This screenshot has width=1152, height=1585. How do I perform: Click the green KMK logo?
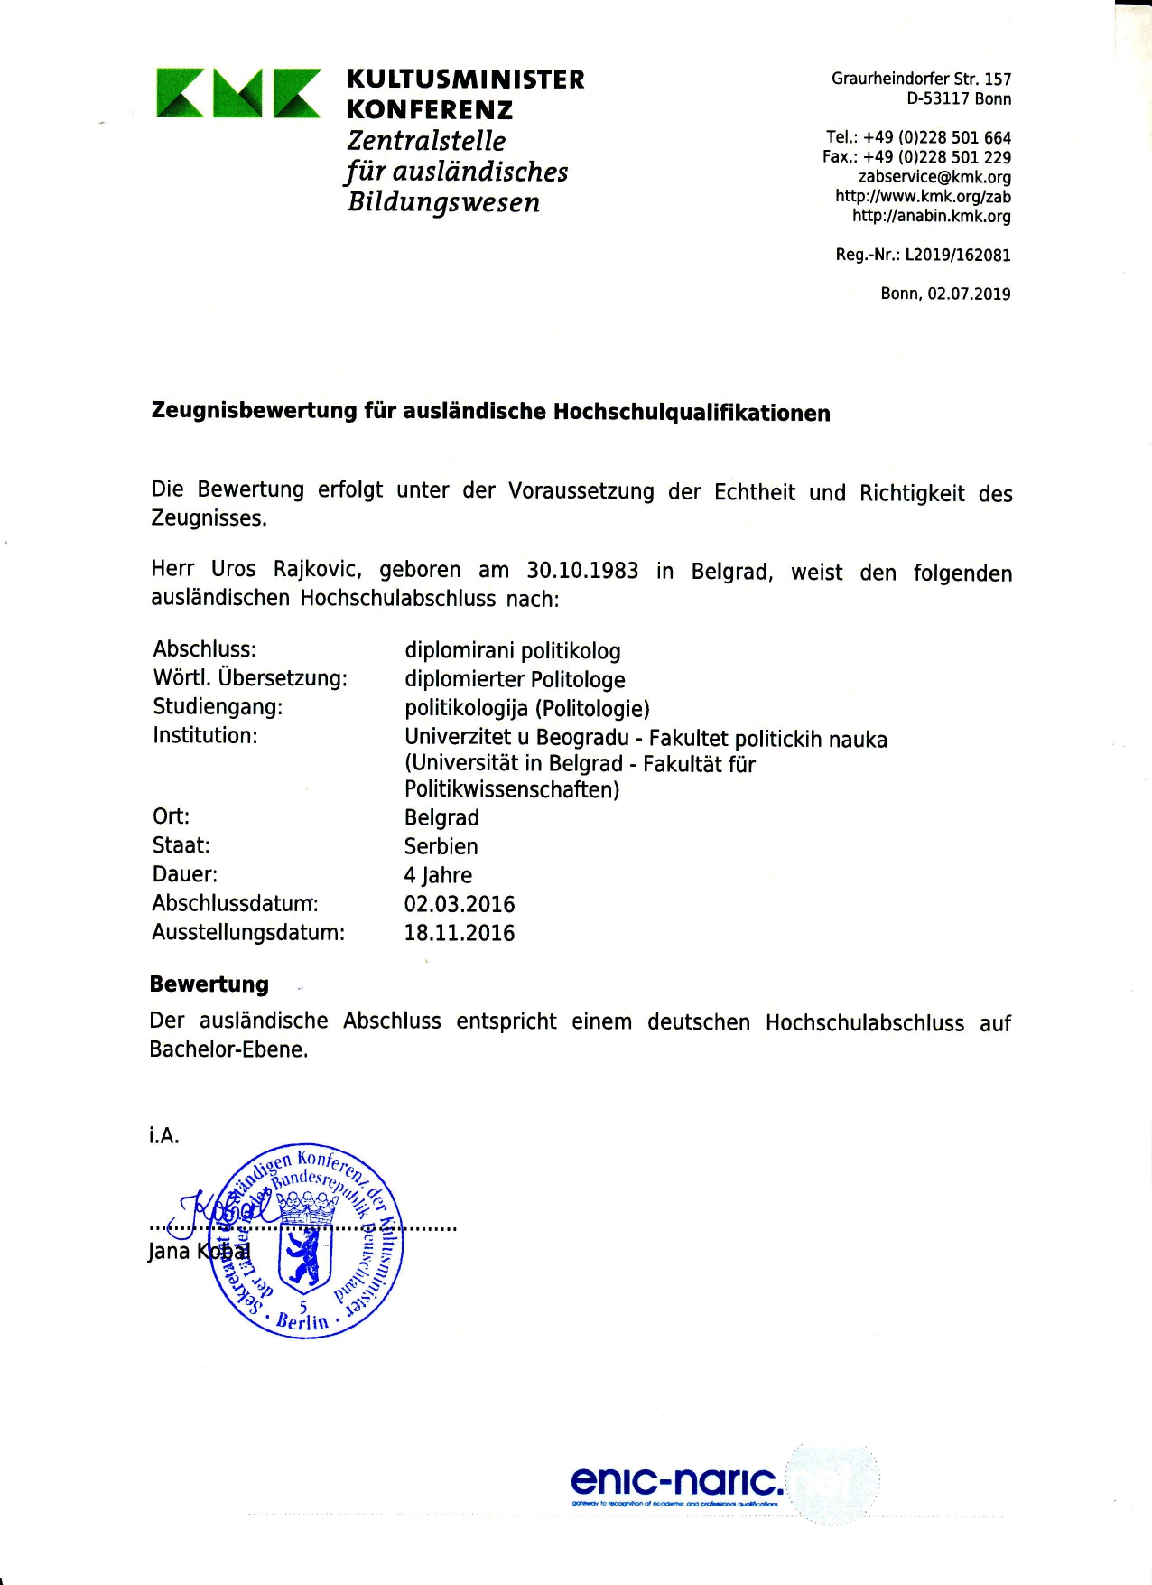(238, 93)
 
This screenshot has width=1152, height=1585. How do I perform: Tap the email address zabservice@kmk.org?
(934, 177)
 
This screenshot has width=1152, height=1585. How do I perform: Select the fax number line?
(916, 157)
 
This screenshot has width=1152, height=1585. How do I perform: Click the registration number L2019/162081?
(958, 255)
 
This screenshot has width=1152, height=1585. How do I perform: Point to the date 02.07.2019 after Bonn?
(969, 294)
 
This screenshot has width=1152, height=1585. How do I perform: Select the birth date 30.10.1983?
(582, 571)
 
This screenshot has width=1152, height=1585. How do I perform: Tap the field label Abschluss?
(205, 649)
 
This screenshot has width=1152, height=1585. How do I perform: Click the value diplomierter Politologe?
(515, 679)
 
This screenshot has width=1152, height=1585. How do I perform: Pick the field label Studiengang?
(218, 706)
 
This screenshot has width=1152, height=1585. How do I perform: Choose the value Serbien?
(441, 846)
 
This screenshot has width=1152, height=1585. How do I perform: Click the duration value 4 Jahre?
(438, 875)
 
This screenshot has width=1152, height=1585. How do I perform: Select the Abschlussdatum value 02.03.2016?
(460, 904)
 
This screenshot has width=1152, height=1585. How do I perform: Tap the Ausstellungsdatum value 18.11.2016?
(460, 933)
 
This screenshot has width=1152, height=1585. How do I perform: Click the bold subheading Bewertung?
(209, 984)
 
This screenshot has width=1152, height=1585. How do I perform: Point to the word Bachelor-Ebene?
(228, 1049)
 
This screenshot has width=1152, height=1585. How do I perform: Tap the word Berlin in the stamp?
(302, 1321)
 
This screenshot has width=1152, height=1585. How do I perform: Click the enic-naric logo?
(677, 1481)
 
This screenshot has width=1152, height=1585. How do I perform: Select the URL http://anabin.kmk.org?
(932, 216)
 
